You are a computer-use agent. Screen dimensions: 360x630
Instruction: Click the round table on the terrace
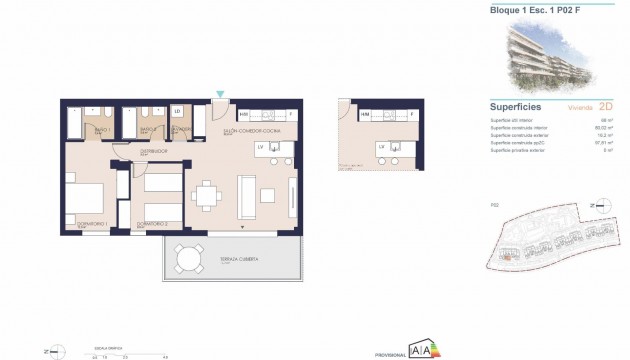coord(188,259)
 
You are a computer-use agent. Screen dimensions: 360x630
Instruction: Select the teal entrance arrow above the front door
coord(220,96)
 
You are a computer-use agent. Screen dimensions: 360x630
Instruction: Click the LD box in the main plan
coord(177,112)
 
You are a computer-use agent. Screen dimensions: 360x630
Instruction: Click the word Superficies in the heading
coord(516,106)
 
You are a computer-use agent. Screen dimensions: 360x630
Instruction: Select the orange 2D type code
coord(604,106)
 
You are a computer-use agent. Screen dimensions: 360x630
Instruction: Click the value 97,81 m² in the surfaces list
coord(602,142)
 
